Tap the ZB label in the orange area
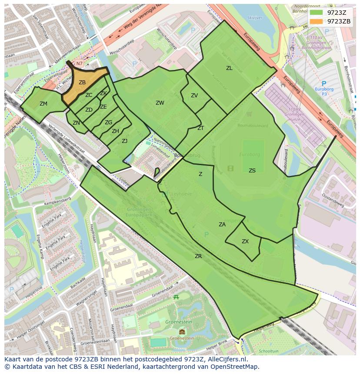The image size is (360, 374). pyautogui.click(x=82, y=83)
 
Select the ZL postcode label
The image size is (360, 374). pyautogui.click(x=229, y=68)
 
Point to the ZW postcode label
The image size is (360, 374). pyautogui.click(x=160, y=103)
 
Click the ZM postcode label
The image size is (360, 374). pyautogui.click(x=43, y=104)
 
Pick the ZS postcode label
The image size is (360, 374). pyautogui.click(x=252, y=171)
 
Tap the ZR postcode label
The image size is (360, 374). pyautogui.click(x=198, y=256)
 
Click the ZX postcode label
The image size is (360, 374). pyautogui.click(x=245, y=242)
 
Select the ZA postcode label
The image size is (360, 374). pyautogui.click(x=222, y=225)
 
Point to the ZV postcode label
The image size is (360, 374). pyautogui.click(x=194, y=96)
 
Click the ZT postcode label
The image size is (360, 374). pyautogui.click(x=200, y=128)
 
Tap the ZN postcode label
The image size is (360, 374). pyautogui.click(x=77, y=123)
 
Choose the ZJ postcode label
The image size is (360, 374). pyautogui.click(x=124, y=141)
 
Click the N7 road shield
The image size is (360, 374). pyautogui.click(x=79, y=64)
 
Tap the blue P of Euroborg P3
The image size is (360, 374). pyautogui.click(x=323, y=83)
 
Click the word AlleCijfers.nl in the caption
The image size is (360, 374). pyautogui.click(x=226, y=360)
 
